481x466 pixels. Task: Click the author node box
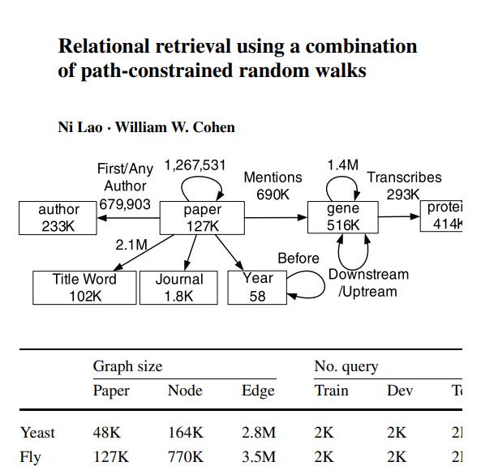click(58, 218)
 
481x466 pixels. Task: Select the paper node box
click(202, 218)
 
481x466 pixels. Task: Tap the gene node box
click(342, 217)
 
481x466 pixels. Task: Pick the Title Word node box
click(84, 288)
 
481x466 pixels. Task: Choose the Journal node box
click(179, 288)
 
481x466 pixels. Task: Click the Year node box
click(258, 288)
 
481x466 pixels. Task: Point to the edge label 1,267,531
click(195, 165)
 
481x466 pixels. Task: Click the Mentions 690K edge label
click(273, 186)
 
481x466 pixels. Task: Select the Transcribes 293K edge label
click(404, 186)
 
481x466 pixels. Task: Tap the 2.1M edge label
click(131, 245)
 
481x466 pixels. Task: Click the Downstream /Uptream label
click(368, 283)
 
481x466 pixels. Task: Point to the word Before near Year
click(298, 259)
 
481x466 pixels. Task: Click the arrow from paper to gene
click(276, 217)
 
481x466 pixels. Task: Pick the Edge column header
click(258, 391)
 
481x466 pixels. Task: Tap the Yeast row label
click(37, 433)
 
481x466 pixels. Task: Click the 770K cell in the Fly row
click(185, 457)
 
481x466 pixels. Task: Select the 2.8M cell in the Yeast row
click(259, 433)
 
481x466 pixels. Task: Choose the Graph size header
click(127, 366)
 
